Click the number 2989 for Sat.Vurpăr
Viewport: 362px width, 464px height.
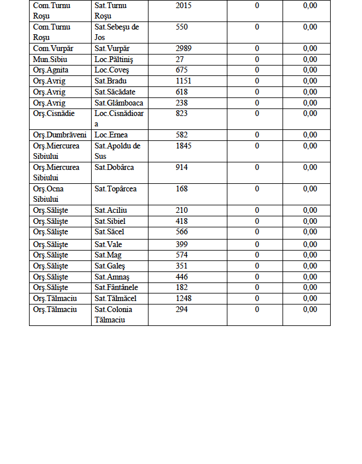click(184, 48)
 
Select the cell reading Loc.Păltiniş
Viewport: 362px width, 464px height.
click(116, 59)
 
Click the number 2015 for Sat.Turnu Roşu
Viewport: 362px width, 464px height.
click(184, 5)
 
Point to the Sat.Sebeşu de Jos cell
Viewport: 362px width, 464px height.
click(117, 32)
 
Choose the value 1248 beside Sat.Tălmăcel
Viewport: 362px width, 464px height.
click(184, 298)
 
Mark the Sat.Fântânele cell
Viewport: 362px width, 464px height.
click(116, 287)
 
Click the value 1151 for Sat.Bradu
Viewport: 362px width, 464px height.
click(184, 81)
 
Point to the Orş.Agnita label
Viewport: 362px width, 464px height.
click(51, 70)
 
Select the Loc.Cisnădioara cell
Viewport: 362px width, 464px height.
click(119, 118)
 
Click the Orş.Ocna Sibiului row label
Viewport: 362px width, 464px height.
click(49, 194)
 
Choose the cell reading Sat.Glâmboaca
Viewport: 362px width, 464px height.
click(119, 103)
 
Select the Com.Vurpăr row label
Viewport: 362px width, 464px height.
click(53, 48)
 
